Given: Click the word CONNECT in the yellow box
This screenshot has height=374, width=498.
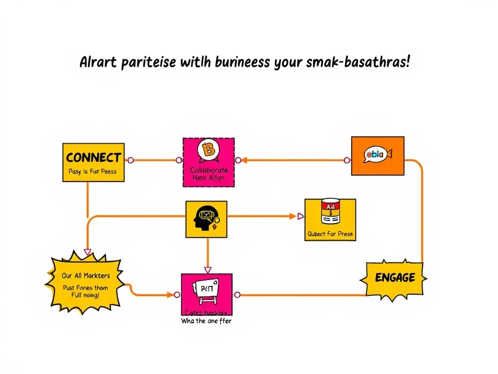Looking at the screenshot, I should coord(93,158).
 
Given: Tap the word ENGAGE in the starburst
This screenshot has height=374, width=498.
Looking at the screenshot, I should coord(395,278).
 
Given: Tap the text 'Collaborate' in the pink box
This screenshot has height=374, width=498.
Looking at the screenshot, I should coord(209,170).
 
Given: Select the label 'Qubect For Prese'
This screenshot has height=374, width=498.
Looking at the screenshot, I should coord(330,234).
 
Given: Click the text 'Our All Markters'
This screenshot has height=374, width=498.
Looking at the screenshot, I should coord(86,276).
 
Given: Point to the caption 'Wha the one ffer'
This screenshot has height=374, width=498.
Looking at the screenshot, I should coord(206,321).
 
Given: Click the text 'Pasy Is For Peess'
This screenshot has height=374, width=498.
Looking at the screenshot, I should coord(92,171).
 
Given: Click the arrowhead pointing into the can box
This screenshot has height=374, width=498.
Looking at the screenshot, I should coord(300,216).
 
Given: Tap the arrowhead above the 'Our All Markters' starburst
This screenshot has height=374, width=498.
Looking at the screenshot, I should coord(88,252).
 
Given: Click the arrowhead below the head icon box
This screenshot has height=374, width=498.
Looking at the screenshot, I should coord(208,270).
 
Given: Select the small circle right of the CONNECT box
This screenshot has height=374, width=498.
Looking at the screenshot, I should coord(130,160).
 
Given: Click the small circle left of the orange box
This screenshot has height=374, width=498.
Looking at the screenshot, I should coord(347,160).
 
